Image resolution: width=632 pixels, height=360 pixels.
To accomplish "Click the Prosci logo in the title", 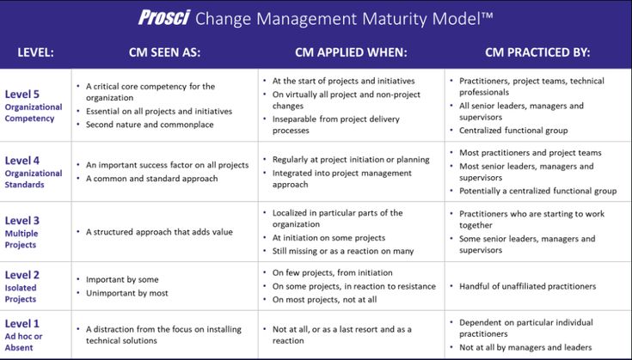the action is [x=163, y=18].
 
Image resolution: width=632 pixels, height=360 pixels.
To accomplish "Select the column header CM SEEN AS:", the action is [x=164, y=52].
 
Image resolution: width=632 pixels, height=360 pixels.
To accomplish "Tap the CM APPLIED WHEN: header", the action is [x=351, y=52].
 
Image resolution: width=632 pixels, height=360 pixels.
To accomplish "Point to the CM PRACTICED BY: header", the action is [x=537, y=52].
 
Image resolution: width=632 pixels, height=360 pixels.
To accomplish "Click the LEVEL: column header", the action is [x=35, y=52].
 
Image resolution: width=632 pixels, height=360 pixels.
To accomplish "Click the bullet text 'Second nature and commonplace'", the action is [x=150, y=125].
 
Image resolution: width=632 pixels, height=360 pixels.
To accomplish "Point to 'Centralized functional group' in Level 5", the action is [x=513, y=131].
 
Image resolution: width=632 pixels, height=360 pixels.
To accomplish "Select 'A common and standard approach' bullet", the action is [x=152, y=179].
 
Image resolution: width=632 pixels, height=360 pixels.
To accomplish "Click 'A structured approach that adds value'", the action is [x=159, y=232].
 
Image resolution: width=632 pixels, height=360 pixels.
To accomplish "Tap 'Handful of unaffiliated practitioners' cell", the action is [x=528, y=286].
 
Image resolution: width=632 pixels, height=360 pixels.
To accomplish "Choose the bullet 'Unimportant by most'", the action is [x=127, y=293].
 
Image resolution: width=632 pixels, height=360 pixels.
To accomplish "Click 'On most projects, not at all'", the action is [x=324, y=300].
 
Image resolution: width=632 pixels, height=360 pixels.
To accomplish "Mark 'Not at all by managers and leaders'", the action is [x=525, y=347].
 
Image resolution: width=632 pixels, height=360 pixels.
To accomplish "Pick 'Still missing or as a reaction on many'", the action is [x=343, y=251].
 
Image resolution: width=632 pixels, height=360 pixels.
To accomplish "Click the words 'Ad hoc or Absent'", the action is [x=23, y=342].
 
